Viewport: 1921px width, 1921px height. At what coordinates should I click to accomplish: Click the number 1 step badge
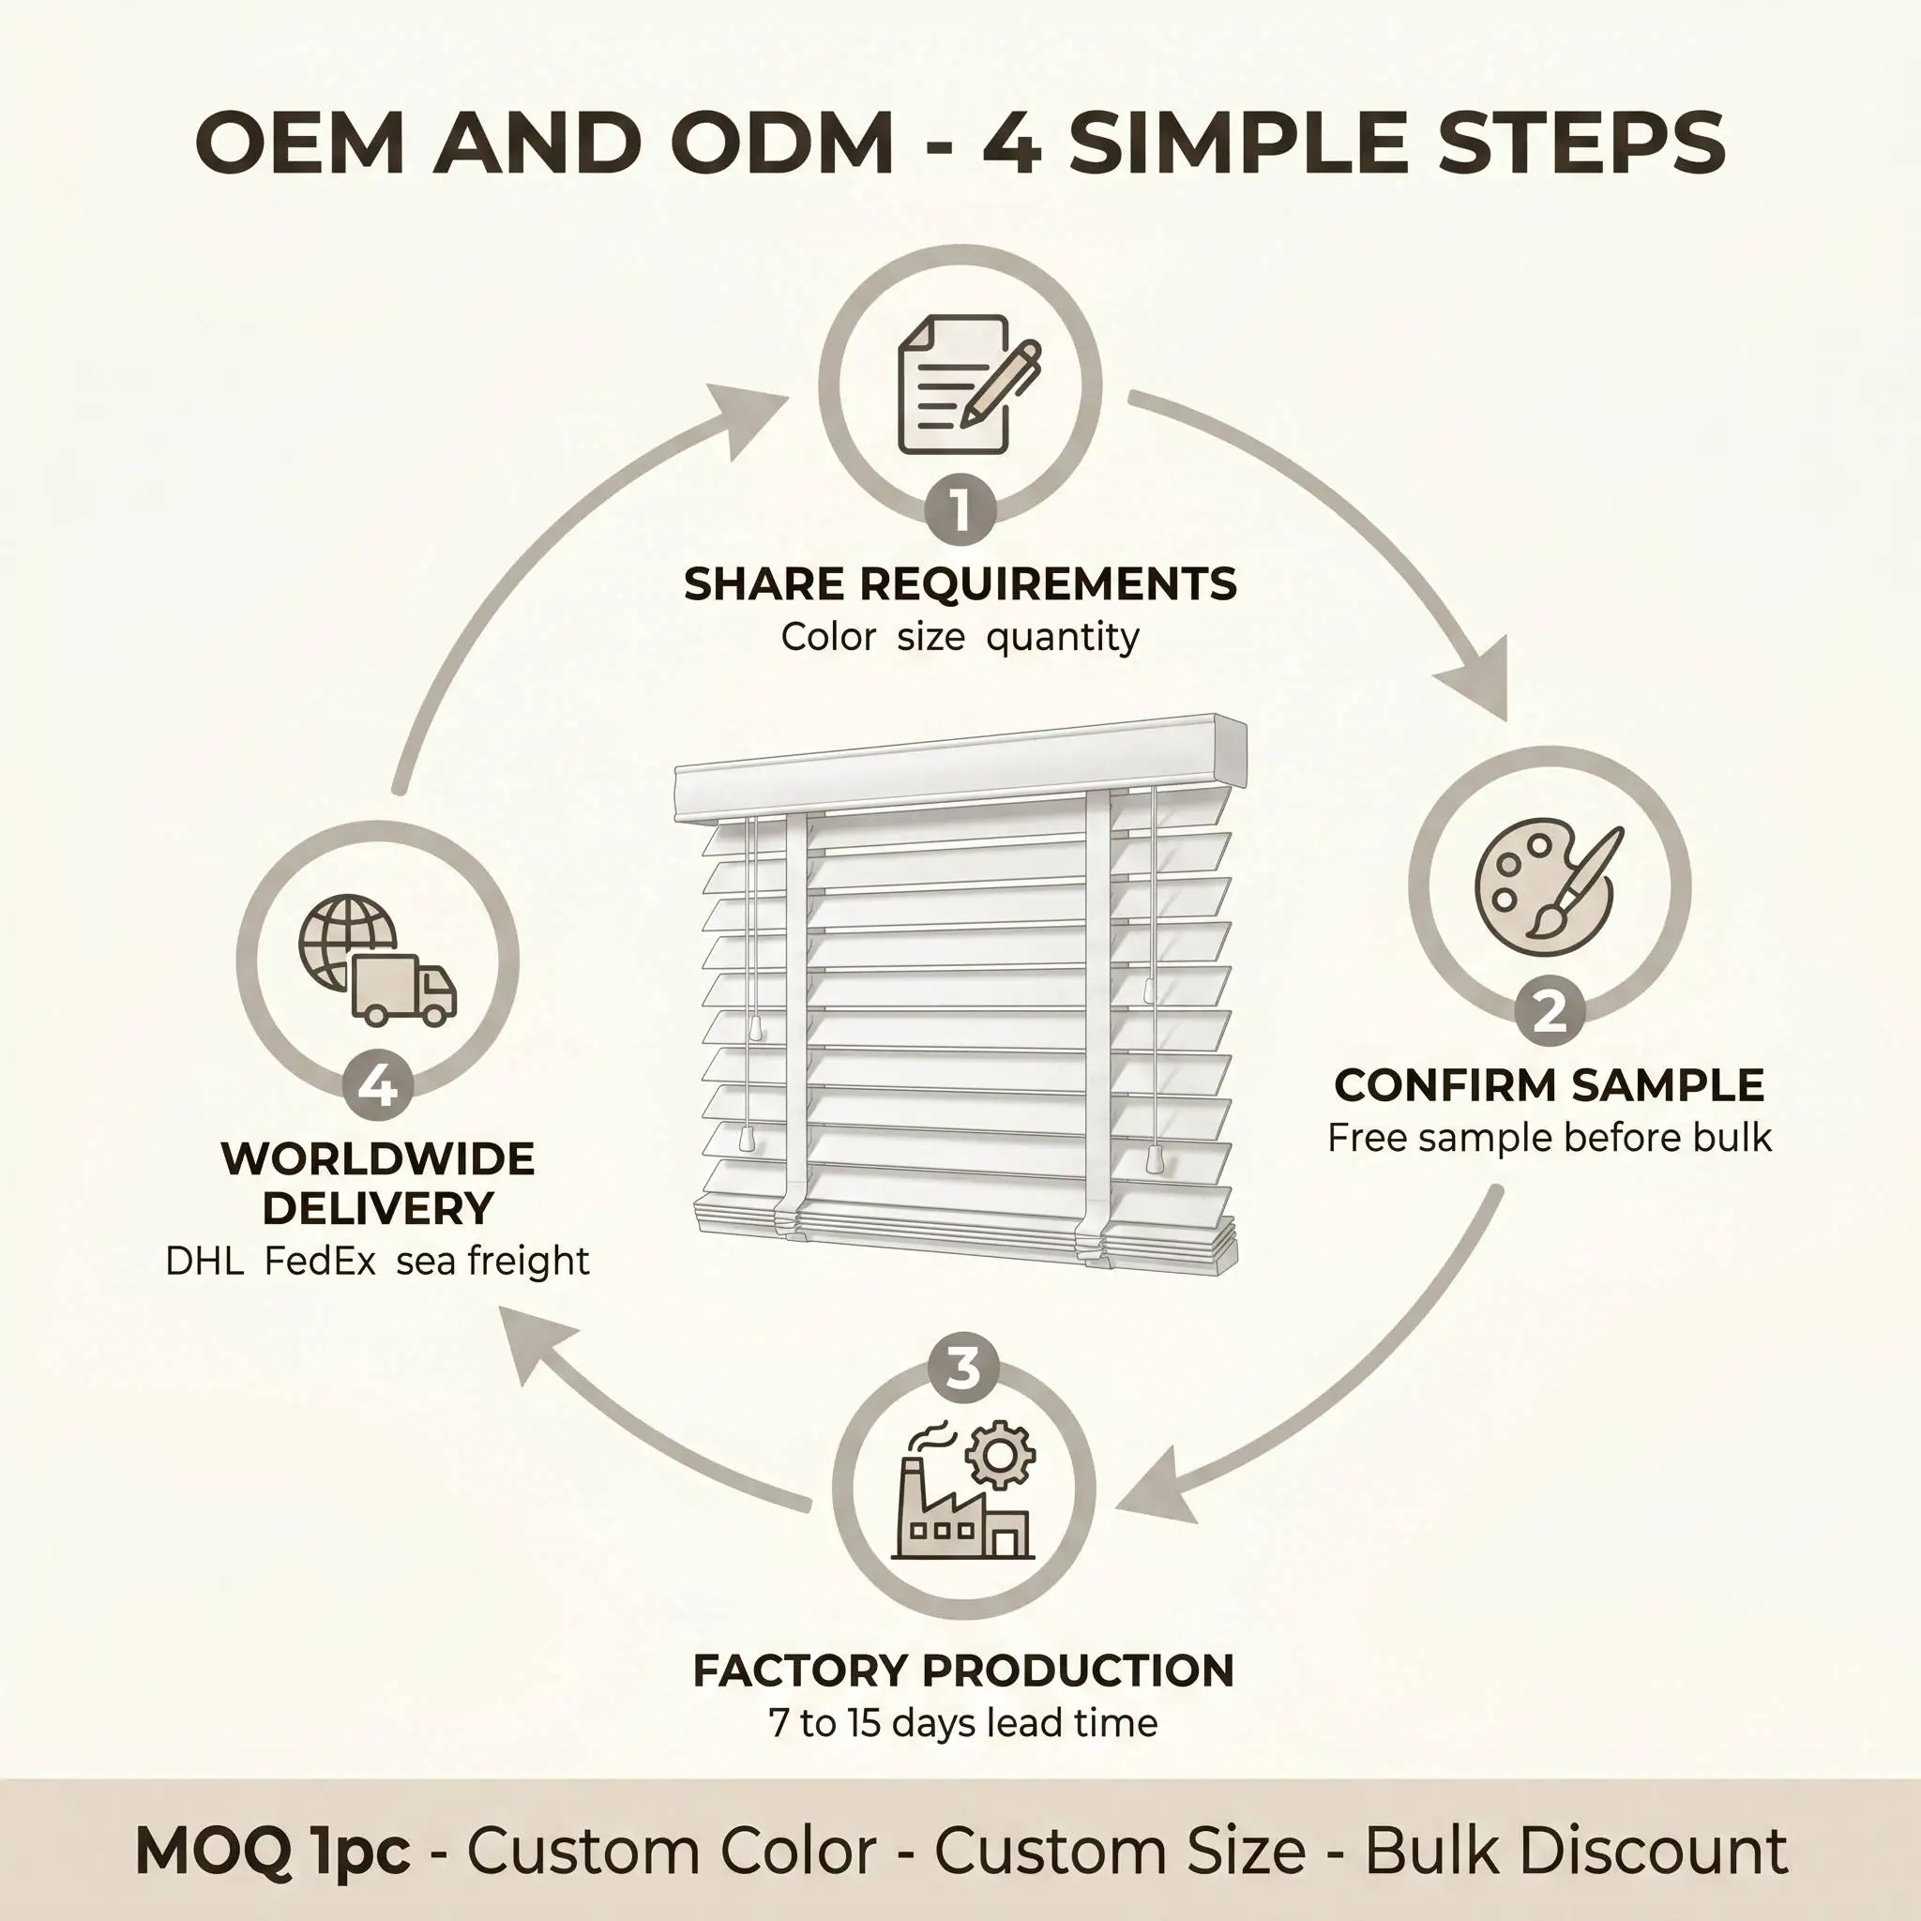pyautogui.click(x=960, y=510)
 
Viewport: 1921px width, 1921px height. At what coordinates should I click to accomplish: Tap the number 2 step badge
pyautogui.click(x=1550, y=1012)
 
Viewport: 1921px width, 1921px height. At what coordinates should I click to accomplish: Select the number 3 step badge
pyautogui.click(x=962, y=1369)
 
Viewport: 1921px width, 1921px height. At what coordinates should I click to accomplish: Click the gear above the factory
pyautogui.click(x=1000, y=1455)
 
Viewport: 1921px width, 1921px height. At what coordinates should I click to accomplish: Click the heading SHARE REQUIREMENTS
pyautogui.click(x=960, y=583)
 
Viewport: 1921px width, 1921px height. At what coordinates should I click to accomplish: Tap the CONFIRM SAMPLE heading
pyautogui.click(x=1550, y=1085)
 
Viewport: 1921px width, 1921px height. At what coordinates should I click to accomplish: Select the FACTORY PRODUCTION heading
pyautogui.click(x=962, y=1671)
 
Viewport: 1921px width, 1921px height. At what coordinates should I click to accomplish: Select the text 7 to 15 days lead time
pyautogui.click(x=962, y=1723)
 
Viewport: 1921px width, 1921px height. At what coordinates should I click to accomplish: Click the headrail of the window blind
pyautogui.click(x=960, y=768)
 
